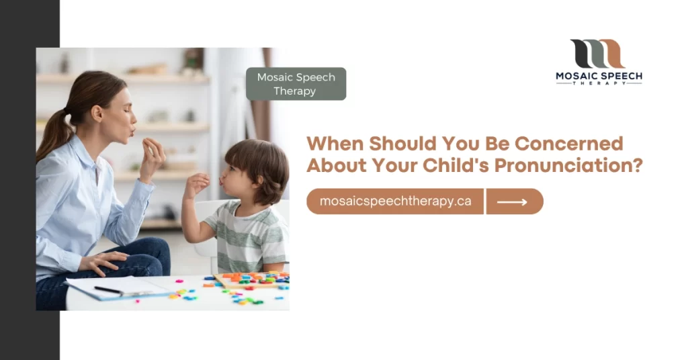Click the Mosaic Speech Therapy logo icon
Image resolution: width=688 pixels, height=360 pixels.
click(598, 54)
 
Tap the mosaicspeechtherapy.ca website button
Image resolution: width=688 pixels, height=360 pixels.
click(395, 201)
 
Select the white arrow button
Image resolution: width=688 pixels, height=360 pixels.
click(514, 201)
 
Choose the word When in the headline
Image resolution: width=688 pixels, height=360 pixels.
click(330, 144)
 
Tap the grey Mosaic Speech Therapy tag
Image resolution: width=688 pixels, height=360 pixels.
click(296, 84)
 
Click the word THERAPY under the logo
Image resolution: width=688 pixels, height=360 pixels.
click(599, 84)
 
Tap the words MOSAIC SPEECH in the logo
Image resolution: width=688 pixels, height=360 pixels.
click(599, 76)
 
